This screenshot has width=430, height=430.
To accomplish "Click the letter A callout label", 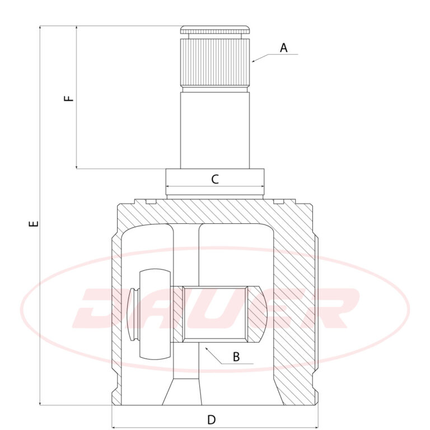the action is click(x=283, y=48).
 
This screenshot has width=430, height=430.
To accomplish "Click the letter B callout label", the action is click(x=236, y=357).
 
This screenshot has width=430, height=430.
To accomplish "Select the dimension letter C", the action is click(x=215, y=179).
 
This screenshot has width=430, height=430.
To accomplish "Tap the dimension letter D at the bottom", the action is click(x=212, y=419).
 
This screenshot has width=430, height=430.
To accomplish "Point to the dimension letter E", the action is click(x=34, y=223).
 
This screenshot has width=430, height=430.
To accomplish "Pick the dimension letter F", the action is click(x=69, y=98).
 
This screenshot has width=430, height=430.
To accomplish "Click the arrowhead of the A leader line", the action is click(x=253, y=61).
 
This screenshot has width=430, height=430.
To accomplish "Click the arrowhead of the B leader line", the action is click(x=207, y=348).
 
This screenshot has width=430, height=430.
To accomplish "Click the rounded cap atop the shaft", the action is click(x=215, y=30).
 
